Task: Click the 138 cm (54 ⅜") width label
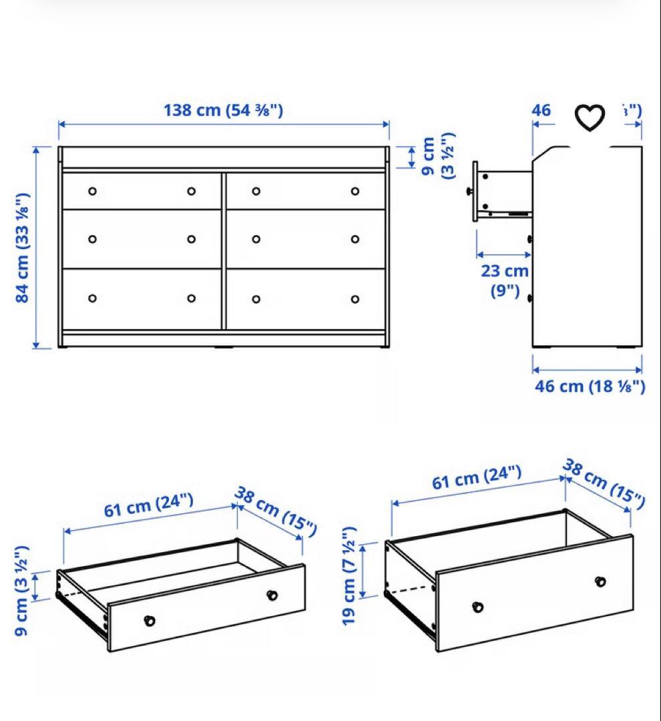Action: [223, 110]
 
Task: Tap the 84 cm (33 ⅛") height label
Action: [24, 247]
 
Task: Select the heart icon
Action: [590, 118]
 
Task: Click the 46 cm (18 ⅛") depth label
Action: [589, 387]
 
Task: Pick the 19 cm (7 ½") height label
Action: [349, 575]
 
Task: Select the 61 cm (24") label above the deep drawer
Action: [477, 477]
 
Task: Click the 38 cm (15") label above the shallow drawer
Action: [276, 510]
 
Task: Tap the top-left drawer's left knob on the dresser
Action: [92, 191]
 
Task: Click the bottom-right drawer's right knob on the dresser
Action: [355, 298]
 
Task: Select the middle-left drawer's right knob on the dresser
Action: [192, 239]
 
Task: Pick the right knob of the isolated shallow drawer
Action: [272, 595]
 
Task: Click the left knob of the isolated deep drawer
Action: [477, 607]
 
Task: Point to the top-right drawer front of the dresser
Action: [306, 192]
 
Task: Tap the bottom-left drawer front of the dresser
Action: [142, 298]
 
